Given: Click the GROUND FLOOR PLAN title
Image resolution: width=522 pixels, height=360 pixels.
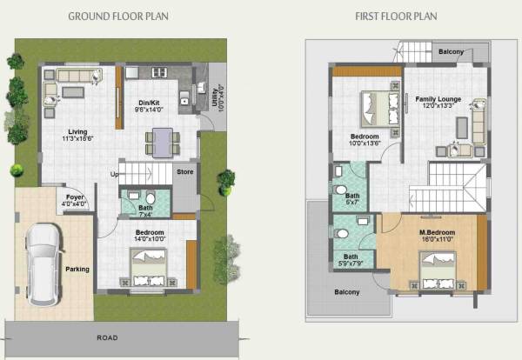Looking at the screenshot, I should click(118, 17).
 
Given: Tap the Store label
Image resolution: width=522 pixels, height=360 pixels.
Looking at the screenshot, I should click(184, 172).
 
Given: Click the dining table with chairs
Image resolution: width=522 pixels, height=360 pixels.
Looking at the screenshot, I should click(162, 141).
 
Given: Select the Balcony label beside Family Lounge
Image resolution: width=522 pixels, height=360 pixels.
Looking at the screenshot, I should click(451, 52).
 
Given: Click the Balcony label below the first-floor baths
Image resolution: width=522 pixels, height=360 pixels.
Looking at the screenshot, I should click(347, 292).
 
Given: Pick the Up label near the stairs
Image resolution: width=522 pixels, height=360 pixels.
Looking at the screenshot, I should click(114, 174).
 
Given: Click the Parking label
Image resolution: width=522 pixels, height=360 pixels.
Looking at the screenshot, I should click(77, 270).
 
